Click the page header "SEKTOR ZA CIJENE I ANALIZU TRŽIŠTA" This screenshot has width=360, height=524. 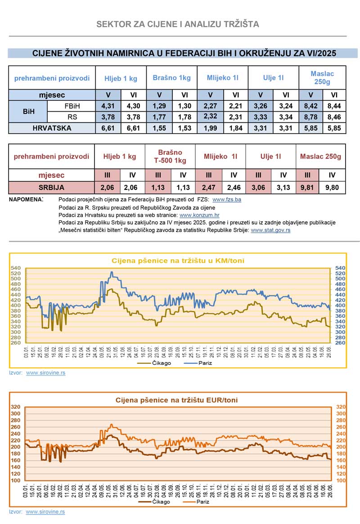tap(178, 24)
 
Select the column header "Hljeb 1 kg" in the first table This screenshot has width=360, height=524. tap(121, 78)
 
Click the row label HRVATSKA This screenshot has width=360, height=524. tap(52, 128)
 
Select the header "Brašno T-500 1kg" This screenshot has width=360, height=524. tap(170, 157)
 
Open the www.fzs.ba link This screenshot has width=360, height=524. tap(226, 199)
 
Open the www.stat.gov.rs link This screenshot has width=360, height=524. tap(270, 230)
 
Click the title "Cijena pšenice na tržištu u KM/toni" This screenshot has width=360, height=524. tap(178, 261)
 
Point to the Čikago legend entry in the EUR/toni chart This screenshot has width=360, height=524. tap(155, 501)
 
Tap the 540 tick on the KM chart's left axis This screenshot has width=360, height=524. tap(16, 268)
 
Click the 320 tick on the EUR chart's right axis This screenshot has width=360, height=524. tap(340, 407)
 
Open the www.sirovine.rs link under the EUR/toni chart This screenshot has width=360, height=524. tap(45, 512)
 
